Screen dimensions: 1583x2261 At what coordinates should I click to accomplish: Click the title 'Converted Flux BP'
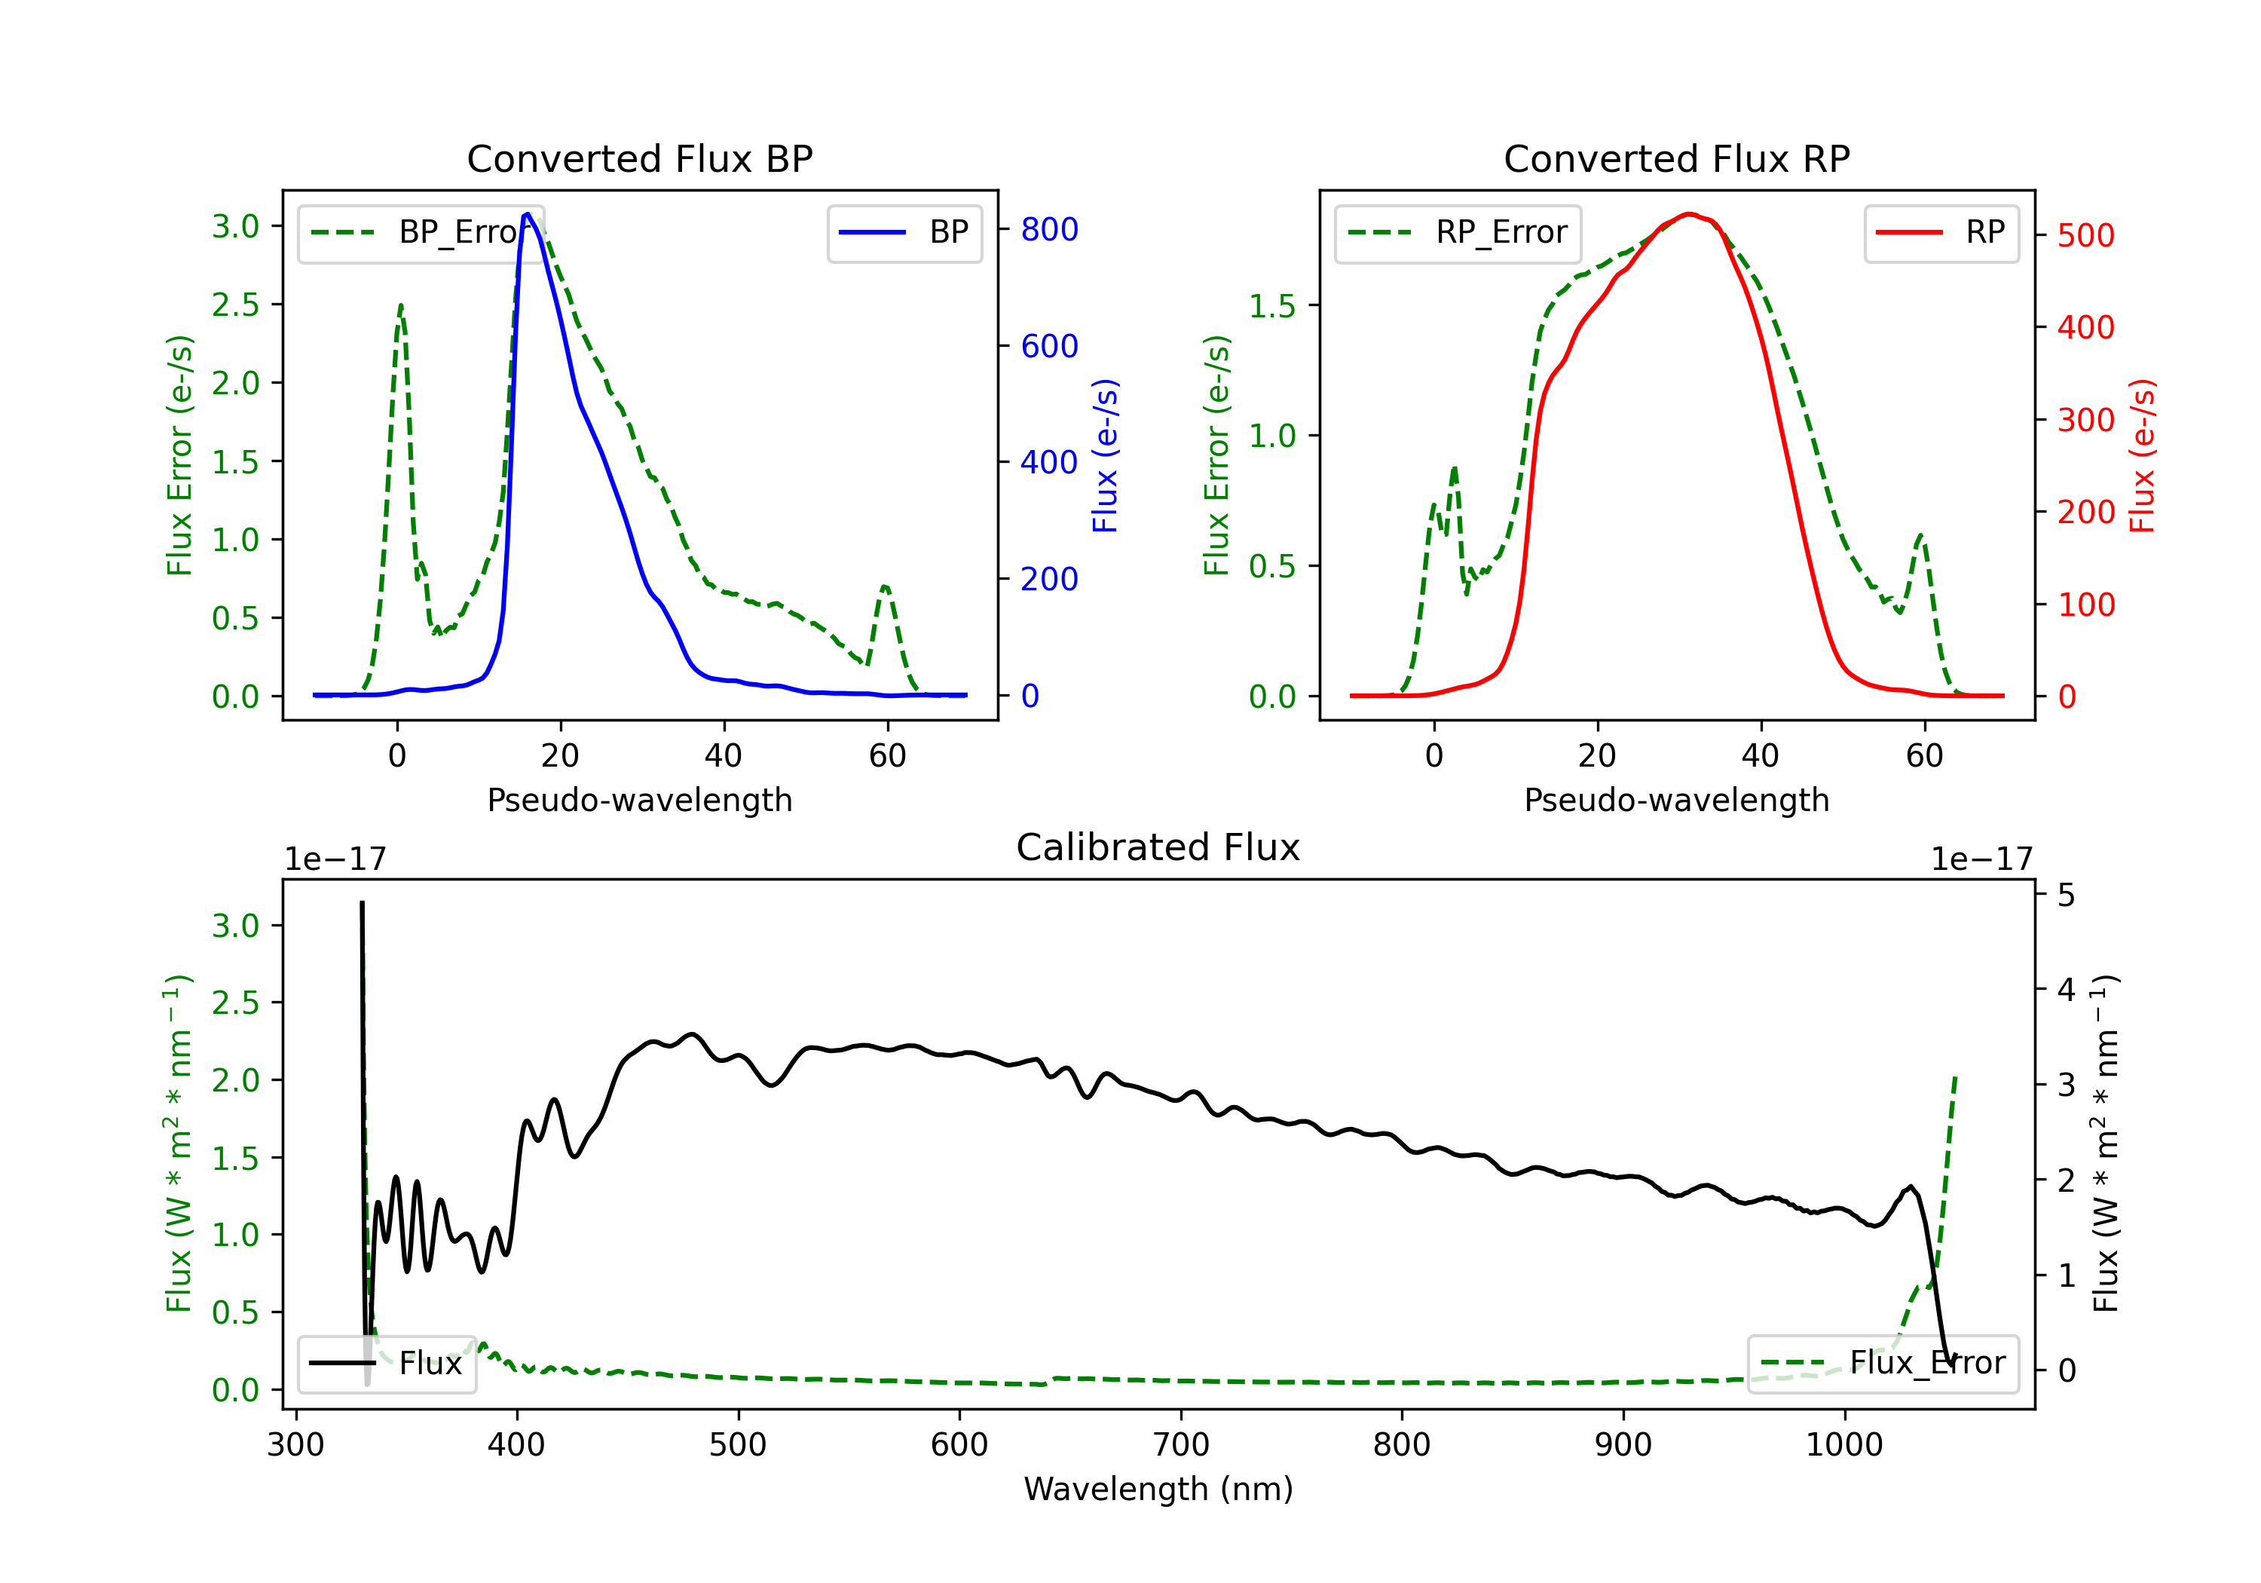coord(639,158)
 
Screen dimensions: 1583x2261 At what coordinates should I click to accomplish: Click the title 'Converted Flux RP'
coord(1676,158)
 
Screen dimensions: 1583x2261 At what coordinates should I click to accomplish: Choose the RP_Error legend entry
coord(1458,232)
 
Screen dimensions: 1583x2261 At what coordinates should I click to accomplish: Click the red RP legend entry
coord(1941,232)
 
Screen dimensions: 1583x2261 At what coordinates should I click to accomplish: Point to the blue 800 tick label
coord(1049,229)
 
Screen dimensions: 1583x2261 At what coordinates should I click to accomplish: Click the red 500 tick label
coord(2085,235)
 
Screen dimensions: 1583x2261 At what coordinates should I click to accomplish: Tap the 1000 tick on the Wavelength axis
coord(1843,1445)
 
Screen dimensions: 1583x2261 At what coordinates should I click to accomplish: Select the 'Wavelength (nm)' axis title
coord(1158,1489)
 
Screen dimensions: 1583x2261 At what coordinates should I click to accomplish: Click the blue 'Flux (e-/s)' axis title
coord(1105,455)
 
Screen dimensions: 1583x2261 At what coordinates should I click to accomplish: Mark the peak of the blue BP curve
coord(528,214)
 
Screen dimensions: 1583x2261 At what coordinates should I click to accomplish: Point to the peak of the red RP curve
coord(1689,214)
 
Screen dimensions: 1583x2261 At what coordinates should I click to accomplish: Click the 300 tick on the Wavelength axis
coord(295,1445)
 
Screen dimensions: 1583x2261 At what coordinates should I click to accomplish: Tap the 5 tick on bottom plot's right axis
coord(2066,896)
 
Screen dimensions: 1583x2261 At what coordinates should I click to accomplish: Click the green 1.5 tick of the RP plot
coord(1272,305)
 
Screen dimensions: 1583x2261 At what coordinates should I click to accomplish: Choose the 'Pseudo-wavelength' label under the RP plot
coord(1676,800)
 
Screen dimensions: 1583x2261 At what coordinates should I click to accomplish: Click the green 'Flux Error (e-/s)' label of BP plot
coord(179,455)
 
